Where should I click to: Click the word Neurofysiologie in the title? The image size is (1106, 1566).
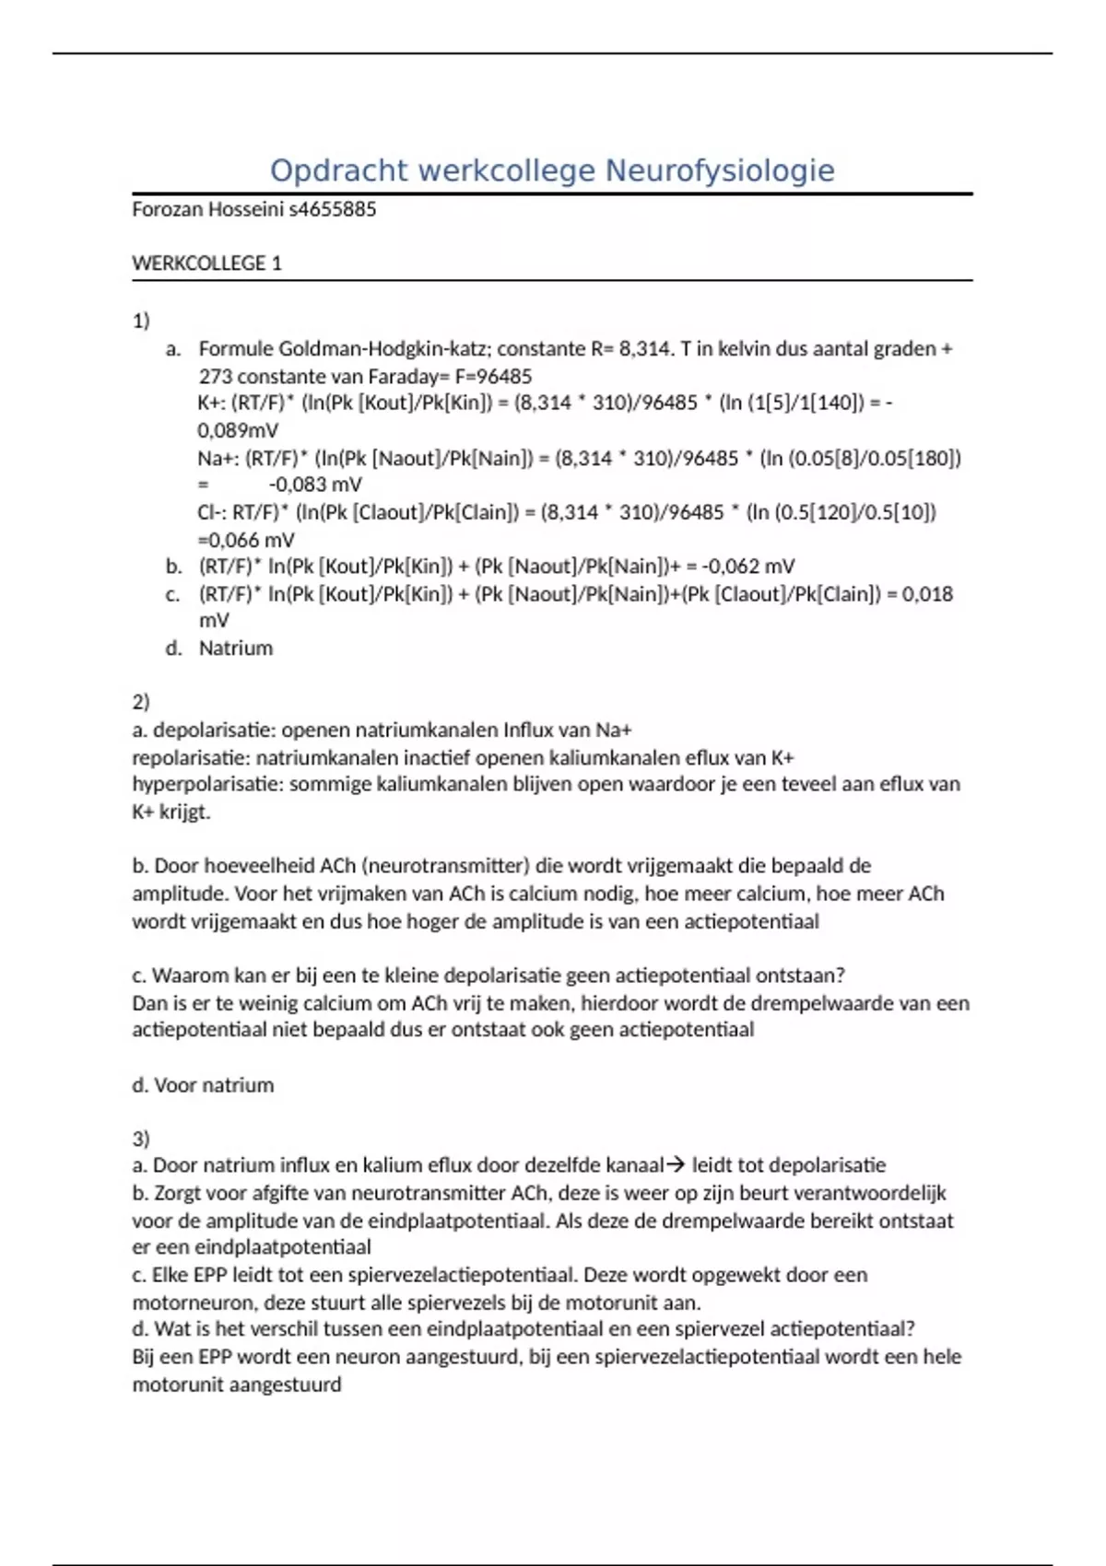(719, 170)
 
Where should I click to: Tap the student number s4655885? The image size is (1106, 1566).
(333, 209)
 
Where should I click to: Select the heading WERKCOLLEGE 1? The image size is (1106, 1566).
(206, 263)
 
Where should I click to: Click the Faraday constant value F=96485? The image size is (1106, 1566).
(493, 376)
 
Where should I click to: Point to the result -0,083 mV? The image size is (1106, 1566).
(315, 485)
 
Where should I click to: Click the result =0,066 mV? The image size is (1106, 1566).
(246, 540)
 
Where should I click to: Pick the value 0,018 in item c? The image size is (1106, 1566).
(927, 594)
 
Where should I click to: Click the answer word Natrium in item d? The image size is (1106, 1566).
(236, 649)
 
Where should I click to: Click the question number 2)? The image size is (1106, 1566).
(141, 702)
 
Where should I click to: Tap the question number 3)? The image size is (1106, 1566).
(141, 1139)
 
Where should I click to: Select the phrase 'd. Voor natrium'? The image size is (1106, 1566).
(203, 1085)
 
